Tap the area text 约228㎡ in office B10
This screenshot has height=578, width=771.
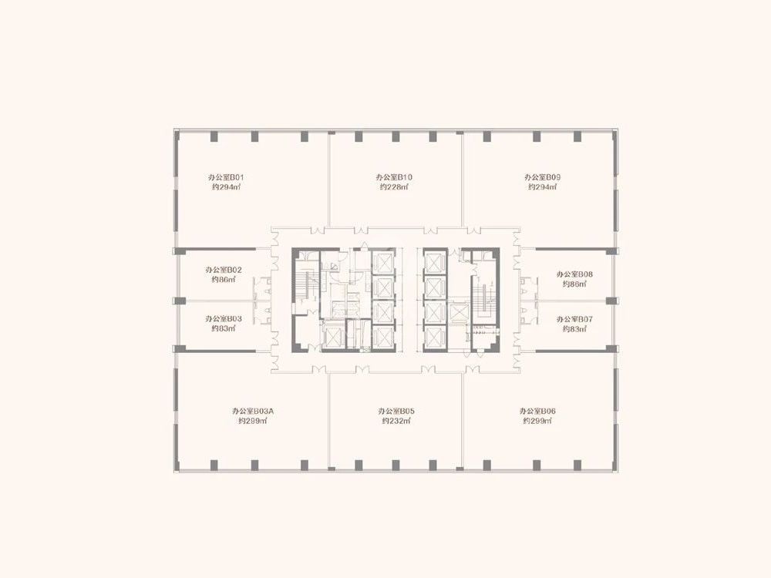394,187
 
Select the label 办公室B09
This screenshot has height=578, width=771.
542,177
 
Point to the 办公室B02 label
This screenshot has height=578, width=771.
224,270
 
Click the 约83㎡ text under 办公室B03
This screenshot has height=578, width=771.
224,329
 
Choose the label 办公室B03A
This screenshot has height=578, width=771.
253,411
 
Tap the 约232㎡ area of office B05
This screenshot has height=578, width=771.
396,422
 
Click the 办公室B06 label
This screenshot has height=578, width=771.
537,411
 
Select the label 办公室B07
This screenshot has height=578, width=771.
575,320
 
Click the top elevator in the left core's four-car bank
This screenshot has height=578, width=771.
382,261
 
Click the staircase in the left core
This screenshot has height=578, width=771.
307,285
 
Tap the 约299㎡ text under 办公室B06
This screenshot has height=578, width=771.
537,422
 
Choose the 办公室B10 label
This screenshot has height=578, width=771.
394,177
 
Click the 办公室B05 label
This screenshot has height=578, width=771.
396,411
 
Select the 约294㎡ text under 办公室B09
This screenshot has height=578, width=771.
542,187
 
